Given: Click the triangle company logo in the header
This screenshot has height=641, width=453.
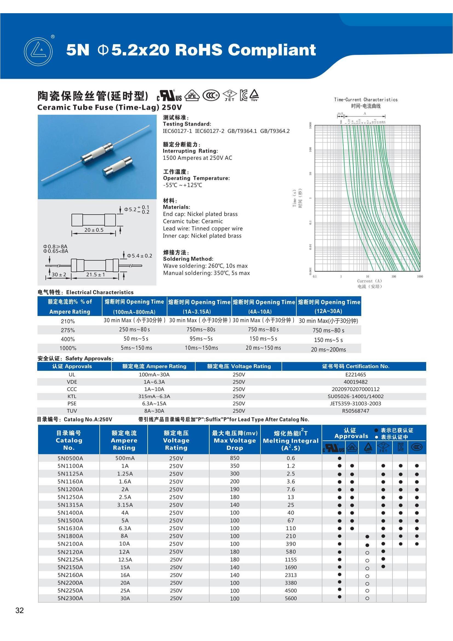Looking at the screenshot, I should [38, 52].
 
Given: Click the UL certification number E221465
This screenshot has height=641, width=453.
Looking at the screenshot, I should [355, 375].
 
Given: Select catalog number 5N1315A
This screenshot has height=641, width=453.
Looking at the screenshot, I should [70, 505].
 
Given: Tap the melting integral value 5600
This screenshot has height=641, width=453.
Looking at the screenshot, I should [291, 598].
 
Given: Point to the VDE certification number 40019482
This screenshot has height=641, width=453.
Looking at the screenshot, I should [355, 382].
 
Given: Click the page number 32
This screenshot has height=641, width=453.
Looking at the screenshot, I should [19, 610].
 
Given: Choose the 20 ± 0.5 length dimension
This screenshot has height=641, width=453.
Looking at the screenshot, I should [94, 230].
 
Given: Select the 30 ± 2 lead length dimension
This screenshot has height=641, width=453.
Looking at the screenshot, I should [59, 275].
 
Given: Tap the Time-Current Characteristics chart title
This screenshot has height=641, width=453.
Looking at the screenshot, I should [366, 100].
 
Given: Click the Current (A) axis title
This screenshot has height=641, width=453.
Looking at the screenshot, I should [369, 281].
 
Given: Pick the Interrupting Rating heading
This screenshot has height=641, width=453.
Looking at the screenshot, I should [190, 151].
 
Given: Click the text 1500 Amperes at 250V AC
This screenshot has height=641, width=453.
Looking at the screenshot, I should [197, 158].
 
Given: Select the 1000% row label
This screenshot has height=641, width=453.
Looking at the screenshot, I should [68, 348].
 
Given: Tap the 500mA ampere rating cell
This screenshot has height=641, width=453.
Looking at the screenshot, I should [125, 458].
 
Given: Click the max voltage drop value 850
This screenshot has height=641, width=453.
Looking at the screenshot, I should [235, 458].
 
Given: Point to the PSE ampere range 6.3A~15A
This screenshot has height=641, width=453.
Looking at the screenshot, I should [154, 404].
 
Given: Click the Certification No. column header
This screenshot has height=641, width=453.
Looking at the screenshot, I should [355, 366].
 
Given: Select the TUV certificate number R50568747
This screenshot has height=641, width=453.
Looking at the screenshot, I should [355, 411].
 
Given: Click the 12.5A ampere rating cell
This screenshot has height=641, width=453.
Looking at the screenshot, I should [125, 560].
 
